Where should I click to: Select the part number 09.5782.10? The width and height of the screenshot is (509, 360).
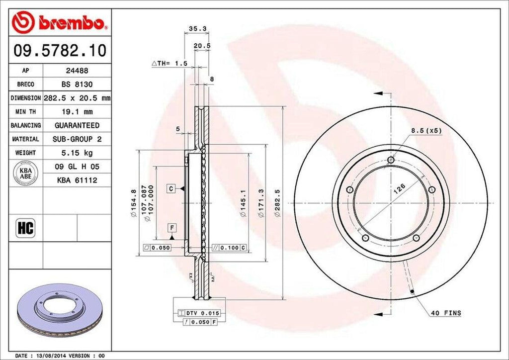(x=59, y=51)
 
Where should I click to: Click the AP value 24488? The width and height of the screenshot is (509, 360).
(x=77, y=71)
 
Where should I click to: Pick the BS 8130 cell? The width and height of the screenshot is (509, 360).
(x=77, y=85)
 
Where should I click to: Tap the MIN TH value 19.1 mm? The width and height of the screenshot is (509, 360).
(x=77, y=112)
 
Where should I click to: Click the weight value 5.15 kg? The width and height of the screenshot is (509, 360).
(x=77, y=153)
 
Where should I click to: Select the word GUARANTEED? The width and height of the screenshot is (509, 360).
(x=77, y=125)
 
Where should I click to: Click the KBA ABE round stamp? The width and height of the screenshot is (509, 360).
(x=25, y=173)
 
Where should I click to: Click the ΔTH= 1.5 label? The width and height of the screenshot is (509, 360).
(x=169, y=64)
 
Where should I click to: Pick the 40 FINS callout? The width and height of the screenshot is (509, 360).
(x=446, y=313)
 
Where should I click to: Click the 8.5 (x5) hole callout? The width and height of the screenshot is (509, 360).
(x=426, y=130)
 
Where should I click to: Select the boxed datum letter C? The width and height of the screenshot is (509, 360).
(x=170, y=189)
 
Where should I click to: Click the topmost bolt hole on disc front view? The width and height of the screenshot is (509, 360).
(x=391, y=160)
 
